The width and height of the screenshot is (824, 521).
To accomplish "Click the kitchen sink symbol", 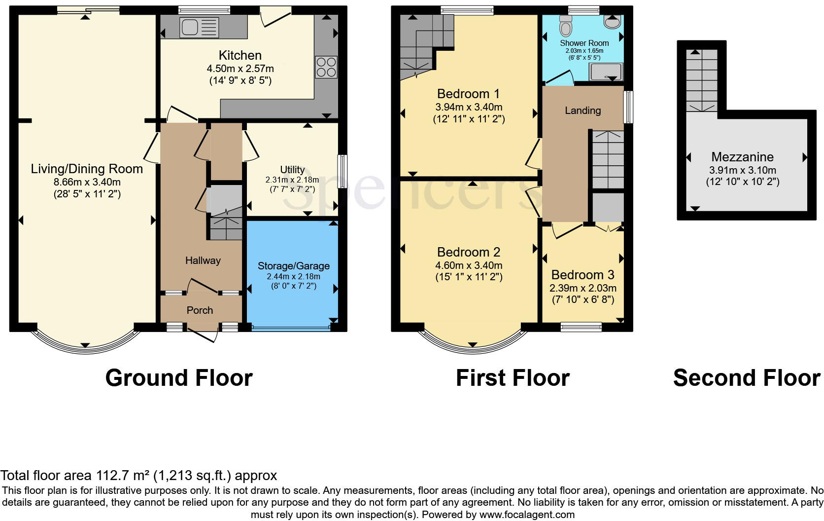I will pyautogui.click(x=199, y=27).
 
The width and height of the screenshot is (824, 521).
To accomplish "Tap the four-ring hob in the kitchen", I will pyautogui.click(x=326, y=68).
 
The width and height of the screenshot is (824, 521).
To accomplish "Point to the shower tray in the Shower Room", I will pyautogui.click(x=607, y=72).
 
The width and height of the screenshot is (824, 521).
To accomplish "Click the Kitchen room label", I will pyautogui.click(x=240, y=55).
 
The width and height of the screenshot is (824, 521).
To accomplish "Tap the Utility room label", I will pyautogui.click(x=292, y=170).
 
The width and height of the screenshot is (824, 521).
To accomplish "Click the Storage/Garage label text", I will pyautogui.click(x=293, y=266).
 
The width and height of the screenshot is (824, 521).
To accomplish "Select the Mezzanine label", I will pyautogui.click(x=742, y=157).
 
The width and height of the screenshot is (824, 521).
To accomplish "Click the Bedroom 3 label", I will pyautogui.click(x=583, y=275).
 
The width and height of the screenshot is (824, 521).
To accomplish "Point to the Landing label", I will pyautogui.click(x=583, y=111).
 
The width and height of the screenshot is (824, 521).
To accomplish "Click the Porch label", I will pyautogui.click(x=200, y=310).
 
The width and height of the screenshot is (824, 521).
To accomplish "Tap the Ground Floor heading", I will pyautogui.click(x=179, y=378).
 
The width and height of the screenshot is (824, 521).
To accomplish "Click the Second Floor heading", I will pyautogui.click(x=746, y=378).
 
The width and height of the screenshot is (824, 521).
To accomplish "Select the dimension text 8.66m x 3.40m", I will pyautogui.click(x=87, y=182).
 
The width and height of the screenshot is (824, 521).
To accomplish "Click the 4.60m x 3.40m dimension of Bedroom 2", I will pyautogui.click(x=468, y=265).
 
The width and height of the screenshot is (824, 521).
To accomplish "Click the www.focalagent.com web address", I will pyautogui.click(x=527, y=515).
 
